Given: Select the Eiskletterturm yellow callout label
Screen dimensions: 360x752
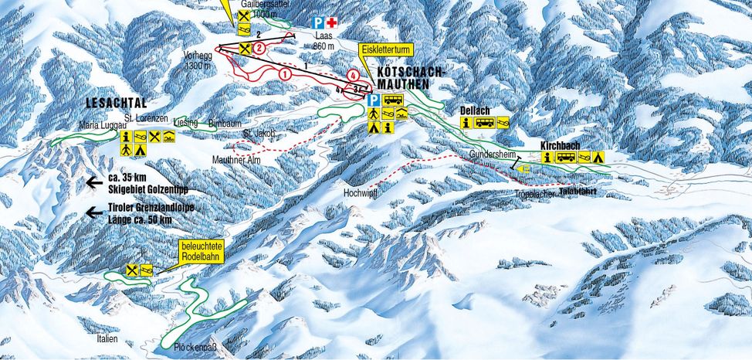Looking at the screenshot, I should point(386,49).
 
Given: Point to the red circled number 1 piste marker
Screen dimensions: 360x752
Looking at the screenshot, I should point(285,74).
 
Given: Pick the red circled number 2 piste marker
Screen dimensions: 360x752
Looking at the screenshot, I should point(259,48).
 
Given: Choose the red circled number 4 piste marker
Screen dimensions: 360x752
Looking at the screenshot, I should point(353,76).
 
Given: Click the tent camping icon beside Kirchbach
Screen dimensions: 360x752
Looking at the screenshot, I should point(597,158).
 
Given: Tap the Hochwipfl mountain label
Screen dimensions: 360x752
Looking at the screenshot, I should point(361,194).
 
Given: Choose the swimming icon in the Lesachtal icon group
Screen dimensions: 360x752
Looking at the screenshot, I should point(169,137).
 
